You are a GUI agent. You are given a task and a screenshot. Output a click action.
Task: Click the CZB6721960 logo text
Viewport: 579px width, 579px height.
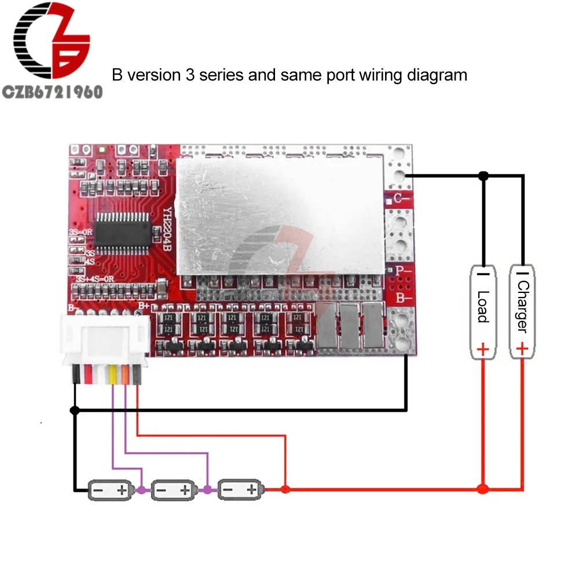pos(52,91)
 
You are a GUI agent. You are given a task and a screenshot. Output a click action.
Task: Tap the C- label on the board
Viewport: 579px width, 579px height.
pos(401,199)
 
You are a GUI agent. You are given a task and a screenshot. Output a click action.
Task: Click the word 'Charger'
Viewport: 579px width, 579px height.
pos(523,306)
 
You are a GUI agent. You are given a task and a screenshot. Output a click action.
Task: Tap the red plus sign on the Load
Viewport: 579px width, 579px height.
pos(482,349)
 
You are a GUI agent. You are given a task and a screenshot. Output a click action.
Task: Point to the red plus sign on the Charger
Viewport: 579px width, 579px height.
pos(522,349)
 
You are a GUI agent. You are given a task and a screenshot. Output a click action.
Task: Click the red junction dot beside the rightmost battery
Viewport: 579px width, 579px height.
pos(284,490)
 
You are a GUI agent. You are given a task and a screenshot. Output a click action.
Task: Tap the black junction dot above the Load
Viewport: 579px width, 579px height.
pos(483,175)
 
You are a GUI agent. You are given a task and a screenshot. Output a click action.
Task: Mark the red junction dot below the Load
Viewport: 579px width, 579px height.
pos(483,490)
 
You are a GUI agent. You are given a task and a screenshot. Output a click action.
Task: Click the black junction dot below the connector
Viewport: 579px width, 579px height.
pos(74,411)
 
